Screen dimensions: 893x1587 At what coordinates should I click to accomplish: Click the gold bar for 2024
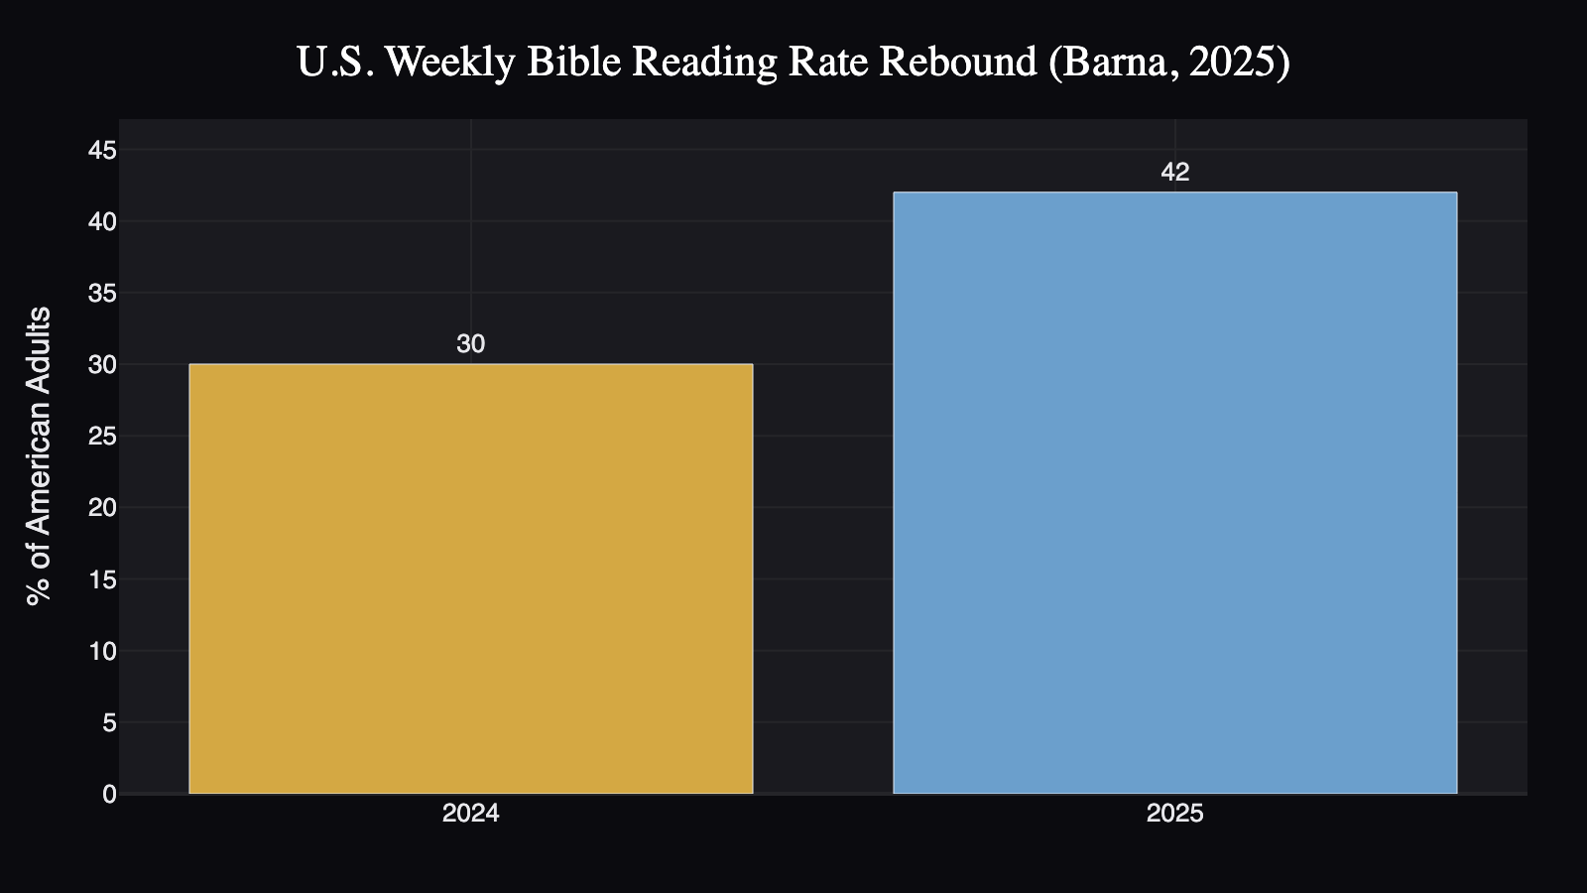click(x=470, y=578)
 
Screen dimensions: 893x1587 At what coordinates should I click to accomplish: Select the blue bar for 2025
click(x=1174, y=493)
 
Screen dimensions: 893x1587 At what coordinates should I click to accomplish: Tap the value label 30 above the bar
click(x=470, y=344)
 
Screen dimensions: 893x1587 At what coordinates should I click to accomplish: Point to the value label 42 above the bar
click(x=1174, y=173)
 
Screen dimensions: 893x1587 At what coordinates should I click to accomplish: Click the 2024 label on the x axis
click(x=470, y=815)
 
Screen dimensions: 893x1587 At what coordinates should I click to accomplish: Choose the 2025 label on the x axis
click(x=1174, y=815)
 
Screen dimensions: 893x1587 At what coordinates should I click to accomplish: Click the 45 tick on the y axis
click(x=102, y=150)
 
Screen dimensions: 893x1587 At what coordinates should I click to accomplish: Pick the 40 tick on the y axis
click(x=102, y=221)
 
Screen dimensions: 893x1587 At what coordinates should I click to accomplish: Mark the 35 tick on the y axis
click(x=102, y=294)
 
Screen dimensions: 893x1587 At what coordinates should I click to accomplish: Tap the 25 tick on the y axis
click(x=102, y=437)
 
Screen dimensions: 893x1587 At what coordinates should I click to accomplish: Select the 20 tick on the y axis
click(x=102, y=508)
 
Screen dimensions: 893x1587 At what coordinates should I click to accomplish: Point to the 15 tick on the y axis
click(x=102, y=579)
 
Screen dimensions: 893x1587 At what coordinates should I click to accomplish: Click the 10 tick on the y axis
click(x=102, y=652)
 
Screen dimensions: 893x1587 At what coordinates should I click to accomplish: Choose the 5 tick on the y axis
click(x=109, y=723)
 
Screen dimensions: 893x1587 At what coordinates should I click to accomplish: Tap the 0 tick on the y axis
click(x=109, y=795)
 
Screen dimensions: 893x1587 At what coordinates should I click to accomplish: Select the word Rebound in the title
click(x=958, y=63)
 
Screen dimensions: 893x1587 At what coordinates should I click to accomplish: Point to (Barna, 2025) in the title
click(x=1168, y=63)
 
